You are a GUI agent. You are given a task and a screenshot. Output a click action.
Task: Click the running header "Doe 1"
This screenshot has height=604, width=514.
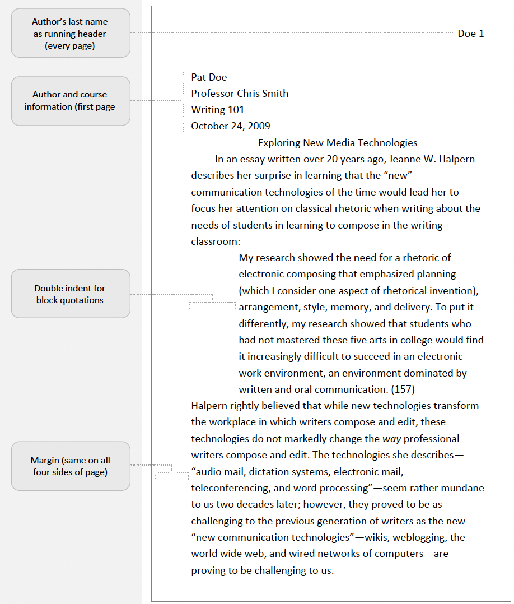(470, 34)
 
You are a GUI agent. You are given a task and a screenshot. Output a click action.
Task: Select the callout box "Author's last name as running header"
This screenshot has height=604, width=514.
(71, 34)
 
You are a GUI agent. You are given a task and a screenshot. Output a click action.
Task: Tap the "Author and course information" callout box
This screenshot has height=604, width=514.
(71, 101)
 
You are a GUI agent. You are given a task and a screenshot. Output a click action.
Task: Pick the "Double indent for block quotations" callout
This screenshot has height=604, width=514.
(71, 294)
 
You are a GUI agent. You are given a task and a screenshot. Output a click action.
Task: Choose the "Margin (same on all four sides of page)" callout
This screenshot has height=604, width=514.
(71, 466)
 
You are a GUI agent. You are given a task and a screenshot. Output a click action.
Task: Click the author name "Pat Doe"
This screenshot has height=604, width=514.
(209, 77)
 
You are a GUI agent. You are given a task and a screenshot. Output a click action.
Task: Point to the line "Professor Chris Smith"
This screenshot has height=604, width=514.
(240, 94)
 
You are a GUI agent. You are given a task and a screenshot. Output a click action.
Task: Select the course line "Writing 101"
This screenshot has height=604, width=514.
(218, 110)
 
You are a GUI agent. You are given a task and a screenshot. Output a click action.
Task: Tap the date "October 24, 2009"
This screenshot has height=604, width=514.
(231, 126)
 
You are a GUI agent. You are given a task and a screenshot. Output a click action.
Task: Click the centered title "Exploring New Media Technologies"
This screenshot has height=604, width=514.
(338, 142)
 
